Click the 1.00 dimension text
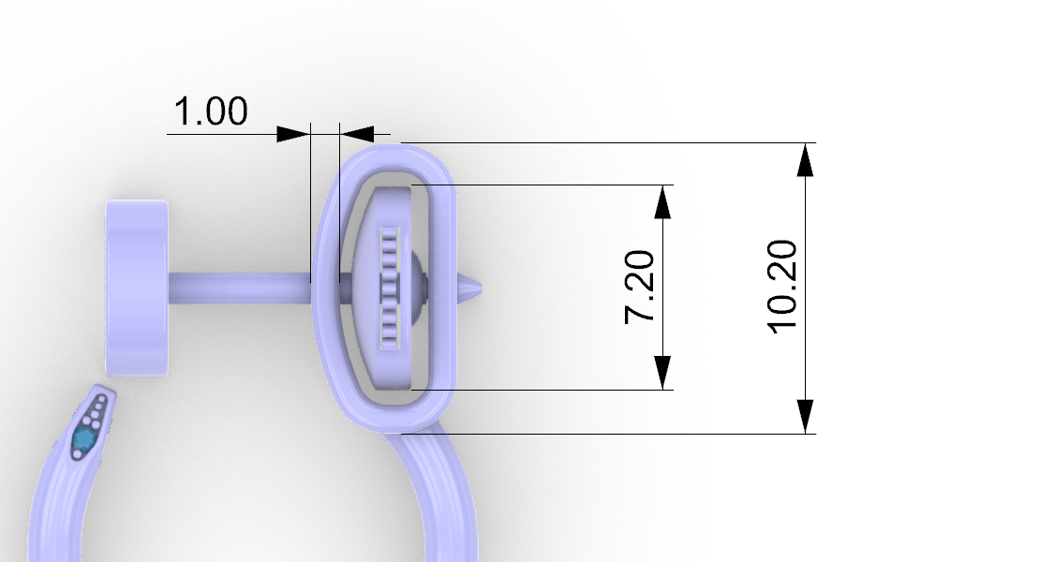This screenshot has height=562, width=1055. (x=211, y=111)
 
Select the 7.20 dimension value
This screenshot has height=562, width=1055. (x=639, y=287)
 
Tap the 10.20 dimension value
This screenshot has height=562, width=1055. (x=782, y=287)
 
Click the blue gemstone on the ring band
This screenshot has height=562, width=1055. (x=83, y=438)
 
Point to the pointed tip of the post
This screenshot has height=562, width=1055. (x=480, y=287)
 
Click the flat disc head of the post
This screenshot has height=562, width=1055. (x=137, y=288)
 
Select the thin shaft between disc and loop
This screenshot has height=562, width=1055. (x=240, y=288)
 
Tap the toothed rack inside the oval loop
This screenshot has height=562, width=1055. (x=391, y=288)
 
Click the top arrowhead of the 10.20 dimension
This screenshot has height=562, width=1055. (x=805, y=160)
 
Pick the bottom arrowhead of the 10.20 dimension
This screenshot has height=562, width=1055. (x=805, y=416)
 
